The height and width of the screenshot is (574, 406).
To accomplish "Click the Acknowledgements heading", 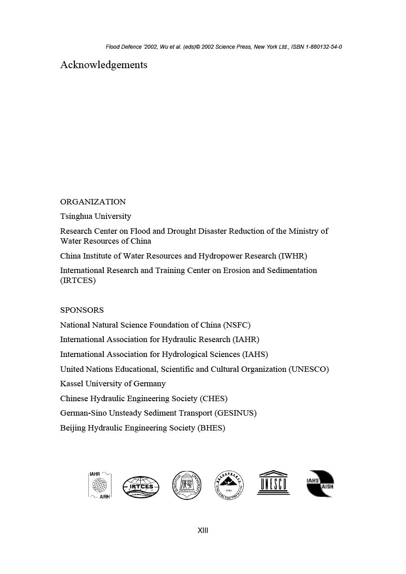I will [x=104, y=65].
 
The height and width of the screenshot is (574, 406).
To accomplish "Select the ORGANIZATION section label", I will [x=93, y=202].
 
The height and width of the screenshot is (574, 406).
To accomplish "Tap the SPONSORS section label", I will [x=82, y=310].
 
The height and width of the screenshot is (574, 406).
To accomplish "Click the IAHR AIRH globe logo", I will [x=100, y=485].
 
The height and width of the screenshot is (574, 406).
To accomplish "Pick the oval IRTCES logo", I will [x=141, y=487].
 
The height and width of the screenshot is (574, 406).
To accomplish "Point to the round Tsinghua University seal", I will [x=187, y=485].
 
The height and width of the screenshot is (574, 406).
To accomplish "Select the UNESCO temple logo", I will [x=273, y=483].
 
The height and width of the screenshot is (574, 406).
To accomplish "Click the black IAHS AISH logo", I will [x=320, y=484].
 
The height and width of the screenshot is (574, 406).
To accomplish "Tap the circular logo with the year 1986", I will [x=229, y=485].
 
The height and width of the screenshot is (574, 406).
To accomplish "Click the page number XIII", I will [x=203, y=531].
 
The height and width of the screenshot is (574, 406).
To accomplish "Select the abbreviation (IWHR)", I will [x=293, y=256].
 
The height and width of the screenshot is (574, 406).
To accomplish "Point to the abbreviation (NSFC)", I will [x=237, y=325].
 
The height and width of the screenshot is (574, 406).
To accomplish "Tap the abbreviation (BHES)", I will [x=211, y=428].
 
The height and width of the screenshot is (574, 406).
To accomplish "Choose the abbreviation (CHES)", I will [x=213, y=398].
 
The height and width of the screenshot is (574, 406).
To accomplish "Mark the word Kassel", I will [x=71, y=384].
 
